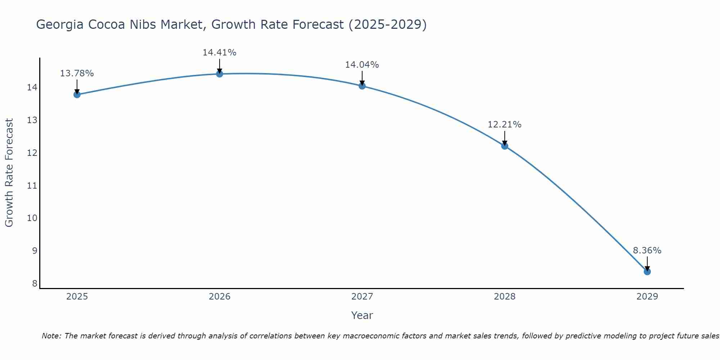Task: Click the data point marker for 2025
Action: (x=77, y=95)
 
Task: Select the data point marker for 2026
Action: (x=220, y=74)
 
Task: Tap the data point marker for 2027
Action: (x=362, y=86)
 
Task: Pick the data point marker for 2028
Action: (x=505, y=146)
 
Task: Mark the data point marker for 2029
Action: (x=647, y=272)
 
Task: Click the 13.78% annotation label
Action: (x=77, y=73)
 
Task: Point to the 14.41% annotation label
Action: (x=219, y=53)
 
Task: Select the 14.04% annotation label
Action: (x=362, y=65)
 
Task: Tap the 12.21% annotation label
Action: (x=504, y=125)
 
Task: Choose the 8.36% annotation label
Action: (x=647, y=251)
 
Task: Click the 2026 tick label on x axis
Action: (x=220, y=297)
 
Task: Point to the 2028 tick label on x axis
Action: (x=505, y=297)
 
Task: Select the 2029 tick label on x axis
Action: (x=647, y=297)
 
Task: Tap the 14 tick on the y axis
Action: (x=32, y=87)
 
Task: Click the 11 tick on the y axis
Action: (x=32, y=186)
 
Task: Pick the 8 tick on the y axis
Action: (x=35, y=284)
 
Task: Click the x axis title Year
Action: (x=362, y=315)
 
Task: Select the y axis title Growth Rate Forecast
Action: (x=9, y=173)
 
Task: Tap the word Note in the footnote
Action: (x=51, y=336)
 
